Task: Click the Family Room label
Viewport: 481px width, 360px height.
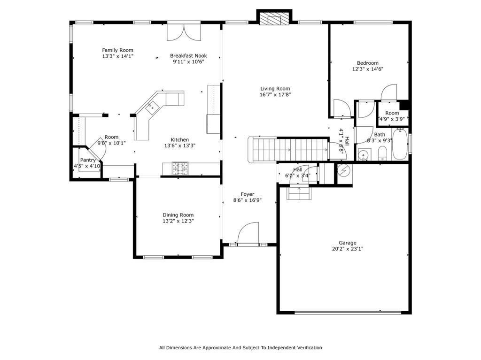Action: (x=117, y=50)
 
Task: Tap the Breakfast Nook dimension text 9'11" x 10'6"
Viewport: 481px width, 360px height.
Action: (x=188, y=61)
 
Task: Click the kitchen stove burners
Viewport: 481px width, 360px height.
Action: (x=180, y=169)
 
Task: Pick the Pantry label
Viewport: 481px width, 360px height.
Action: (x=88, y=160)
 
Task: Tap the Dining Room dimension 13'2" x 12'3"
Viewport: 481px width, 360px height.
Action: (x=178, y=221)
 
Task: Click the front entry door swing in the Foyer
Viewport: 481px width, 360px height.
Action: (x=248, y=234)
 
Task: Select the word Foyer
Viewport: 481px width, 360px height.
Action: (x=247, y=194)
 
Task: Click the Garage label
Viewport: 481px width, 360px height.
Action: (x=348, y=243)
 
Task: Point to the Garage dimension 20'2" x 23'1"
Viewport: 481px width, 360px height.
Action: (x=348, y=249)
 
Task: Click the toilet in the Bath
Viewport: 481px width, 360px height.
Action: (x=382, y=153)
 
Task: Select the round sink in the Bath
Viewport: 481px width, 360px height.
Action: (x=364, y=155)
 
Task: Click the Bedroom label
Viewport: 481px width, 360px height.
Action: (x=367, y=63)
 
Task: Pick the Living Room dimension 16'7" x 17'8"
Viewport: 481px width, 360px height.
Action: (x=275, y=94)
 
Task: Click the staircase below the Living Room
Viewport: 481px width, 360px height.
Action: (x=288, y=149)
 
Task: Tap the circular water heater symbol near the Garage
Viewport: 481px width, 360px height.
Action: (x=343, y=170)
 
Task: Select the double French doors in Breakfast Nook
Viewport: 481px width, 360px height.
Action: (x=184, y=32)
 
